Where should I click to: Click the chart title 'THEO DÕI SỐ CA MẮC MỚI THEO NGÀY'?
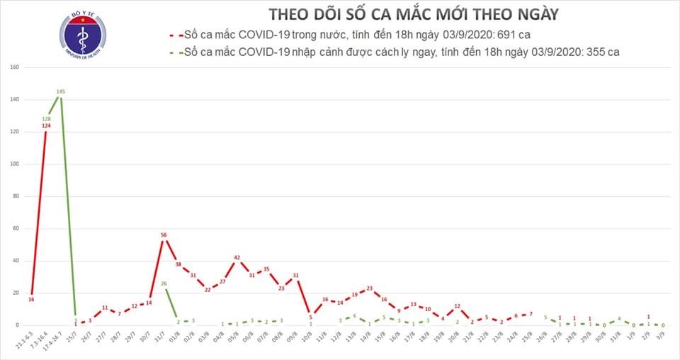(414, 15)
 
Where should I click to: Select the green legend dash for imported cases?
(174, 52)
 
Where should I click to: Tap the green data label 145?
(61, 91)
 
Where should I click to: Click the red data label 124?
(46, 126)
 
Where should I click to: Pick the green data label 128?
(46, 118)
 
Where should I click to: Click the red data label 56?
(164, 235)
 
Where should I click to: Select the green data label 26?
(164, 283)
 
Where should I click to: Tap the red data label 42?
(237, 257)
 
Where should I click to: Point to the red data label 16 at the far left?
(31, 300)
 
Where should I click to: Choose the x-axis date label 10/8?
(310, 337)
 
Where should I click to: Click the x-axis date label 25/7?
(74, 337)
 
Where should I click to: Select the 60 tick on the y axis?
(13, 229)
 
